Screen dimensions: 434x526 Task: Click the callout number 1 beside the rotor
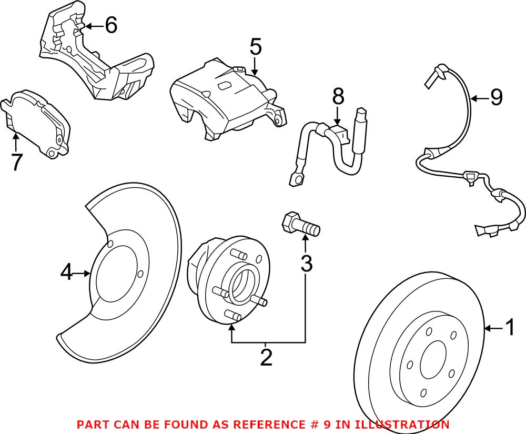pyautogui.click(x=510, y=329)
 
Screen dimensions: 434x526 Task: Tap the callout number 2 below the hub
pyautogui.click(x=267, y=358)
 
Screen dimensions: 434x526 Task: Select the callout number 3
pyautogui.click(x=306, y=263)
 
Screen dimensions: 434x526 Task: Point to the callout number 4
pyautogui.click(x=66, y=273)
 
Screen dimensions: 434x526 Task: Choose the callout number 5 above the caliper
pyautogui.click(x=255, y=47)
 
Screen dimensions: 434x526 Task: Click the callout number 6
pyautogui.click(x=110, y=25)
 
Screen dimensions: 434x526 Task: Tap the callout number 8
pyautogui.click(x=338, y=96)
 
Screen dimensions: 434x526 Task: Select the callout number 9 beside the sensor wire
pyautogui.click(x=497, y=97)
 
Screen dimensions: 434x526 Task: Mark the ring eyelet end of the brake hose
pyautogui.click(x=296, y=180)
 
